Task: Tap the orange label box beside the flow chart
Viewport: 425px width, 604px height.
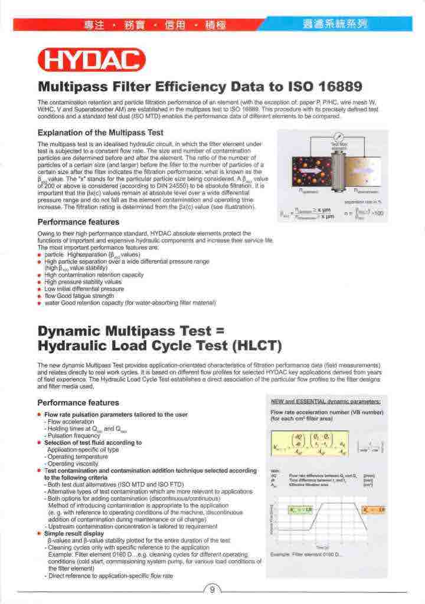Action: (x=375, y=509)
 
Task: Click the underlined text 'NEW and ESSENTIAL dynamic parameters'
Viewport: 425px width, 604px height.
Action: (x=325, y=402)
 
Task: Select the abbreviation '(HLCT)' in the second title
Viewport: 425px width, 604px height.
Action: (x=233, y=344)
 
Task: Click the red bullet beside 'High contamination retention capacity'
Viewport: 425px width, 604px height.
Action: (x=40, y=275)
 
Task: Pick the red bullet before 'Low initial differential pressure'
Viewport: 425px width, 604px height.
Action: (x=40, y=289)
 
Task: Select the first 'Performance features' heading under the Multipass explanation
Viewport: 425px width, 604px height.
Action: (x=79, y=222)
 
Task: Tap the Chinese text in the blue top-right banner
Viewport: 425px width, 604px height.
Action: (x=334, y=24)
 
